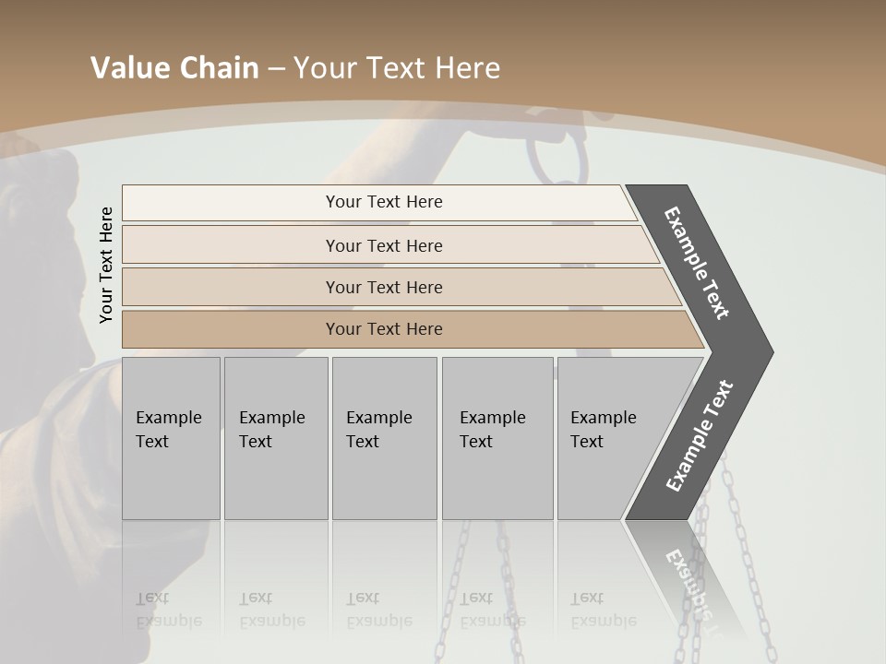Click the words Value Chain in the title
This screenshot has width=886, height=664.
[174, 68]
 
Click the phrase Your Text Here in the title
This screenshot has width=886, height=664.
[397, 68]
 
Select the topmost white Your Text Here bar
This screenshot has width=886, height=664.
[384, 202]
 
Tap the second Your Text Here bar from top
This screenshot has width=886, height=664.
[384, 245]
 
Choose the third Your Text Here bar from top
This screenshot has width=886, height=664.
[384, 287]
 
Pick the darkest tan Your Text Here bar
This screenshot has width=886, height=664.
[384, 329]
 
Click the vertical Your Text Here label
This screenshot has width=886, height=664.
[106, 265]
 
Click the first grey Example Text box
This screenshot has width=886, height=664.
[171, 437]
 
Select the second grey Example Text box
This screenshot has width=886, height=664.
[275, 437]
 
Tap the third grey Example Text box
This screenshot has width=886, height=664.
[384, 437]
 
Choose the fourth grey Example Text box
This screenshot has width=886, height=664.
[497, 437]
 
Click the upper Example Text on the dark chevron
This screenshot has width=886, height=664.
[697, 263]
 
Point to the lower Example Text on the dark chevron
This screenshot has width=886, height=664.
[700, 436]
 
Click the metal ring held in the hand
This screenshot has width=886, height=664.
[557, 162]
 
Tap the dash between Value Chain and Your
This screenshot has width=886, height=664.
[276, 69]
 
